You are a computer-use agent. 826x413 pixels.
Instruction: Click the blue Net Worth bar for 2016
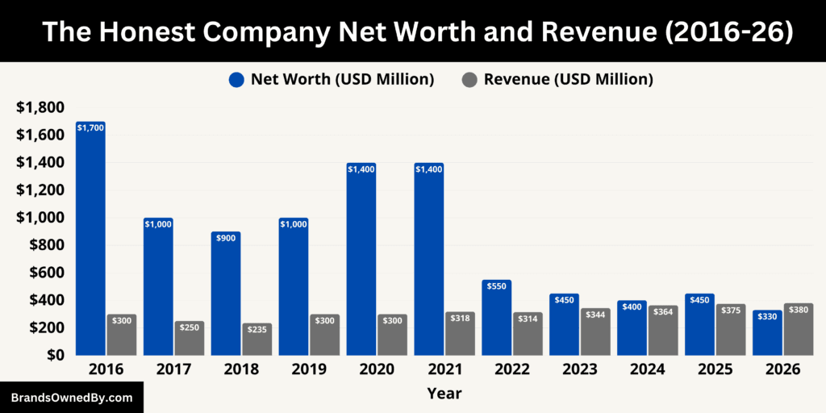[90, 242]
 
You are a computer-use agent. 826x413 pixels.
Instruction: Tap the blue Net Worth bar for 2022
[497, 319]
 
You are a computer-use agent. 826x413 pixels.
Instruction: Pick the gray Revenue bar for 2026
[799, 330]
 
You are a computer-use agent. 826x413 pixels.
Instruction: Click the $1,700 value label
[90, 127]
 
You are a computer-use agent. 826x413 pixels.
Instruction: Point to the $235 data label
[257, 329]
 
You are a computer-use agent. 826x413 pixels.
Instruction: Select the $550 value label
[497, 286]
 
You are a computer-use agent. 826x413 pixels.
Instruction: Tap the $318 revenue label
[460, 318]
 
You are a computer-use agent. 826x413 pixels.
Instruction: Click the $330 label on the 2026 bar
[767, 316]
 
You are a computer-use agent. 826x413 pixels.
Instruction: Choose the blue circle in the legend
[236, 79]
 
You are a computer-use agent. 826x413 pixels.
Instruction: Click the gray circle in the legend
[469, 79]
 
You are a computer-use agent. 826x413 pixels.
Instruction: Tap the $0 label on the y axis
[53, 355]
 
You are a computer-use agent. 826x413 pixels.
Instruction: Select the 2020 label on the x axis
[376, 369]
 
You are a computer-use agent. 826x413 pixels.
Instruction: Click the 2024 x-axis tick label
[647, 369]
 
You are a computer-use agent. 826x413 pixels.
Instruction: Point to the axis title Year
[444, 394]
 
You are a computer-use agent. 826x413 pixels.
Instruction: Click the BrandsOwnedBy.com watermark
[72, 398]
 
